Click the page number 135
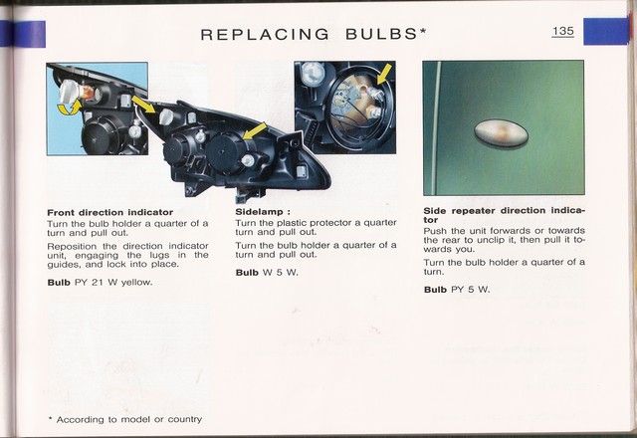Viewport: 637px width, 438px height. coord(563,31)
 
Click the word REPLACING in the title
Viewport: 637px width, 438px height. coord(265,35)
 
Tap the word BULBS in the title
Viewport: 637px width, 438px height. coord(381,34)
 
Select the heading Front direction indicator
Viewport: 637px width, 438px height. coord(110,212)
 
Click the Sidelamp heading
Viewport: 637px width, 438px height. coord(263,212)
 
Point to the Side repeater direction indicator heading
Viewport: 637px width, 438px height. coord(505,215)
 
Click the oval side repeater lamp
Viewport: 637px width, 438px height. coord(502,133)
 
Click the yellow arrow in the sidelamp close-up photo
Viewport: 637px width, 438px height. coord(385,73)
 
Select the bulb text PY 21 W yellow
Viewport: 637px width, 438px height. coord(113,283)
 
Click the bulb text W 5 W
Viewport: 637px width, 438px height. coord(281,273)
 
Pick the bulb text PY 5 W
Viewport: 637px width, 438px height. coord(471,290)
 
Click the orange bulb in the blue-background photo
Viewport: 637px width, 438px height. coord(88,93)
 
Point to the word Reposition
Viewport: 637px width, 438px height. coord(72,247)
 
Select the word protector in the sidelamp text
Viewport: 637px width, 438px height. coord(335,223)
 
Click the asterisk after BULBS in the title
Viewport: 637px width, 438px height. coord(423,31)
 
